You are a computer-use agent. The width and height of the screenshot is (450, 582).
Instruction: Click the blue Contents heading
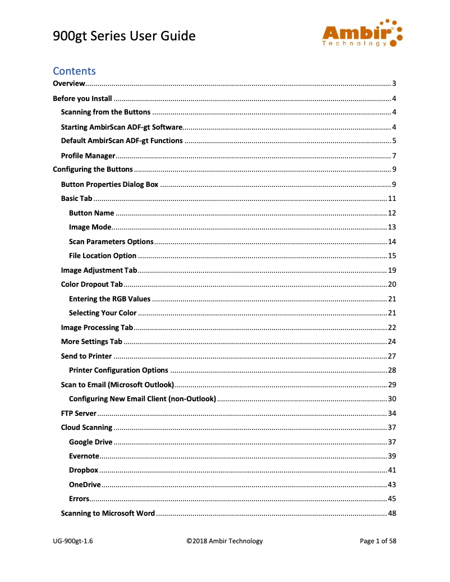[74, 71]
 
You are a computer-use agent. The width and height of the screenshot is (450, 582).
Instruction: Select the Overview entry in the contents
[69, 84]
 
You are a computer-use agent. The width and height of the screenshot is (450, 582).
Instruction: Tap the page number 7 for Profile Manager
[394, 155]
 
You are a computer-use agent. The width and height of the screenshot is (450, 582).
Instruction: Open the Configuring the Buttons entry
[93, 169]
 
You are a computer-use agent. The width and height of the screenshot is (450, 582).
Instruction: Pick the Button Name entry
[91, 213]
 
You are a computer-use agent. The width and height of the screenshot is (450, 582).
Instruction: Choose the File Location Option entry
[103, 255]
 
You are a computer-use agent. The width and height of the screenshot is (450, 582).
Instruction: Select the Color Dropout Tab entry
[91, 285]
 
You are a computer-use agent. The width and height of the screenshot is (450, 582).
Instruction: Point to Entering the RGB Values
[109, 299]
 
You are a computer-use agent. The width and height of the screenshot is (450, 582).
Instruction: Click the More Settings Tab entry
[91, 341]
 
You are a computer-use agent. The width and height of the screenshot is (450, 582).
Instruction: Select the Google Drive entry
[90, 442]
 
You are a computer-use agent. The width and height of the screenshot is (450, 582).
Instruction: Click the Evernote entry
[84, 456]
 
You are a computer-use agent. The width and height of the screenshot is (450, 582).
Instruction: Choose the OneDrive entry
[85, 484]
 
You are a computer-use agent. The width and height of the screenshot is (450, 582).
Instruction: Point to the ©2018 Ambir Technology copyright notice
[224, 541]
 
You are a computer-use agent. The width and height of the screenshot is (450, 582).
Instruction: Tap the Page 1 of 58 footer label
[378, 541]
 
